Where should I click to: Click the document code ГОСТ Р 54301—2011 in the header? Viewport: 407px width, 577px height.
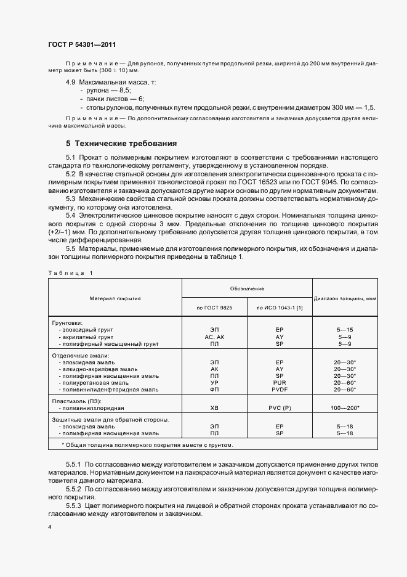tap(81, 45)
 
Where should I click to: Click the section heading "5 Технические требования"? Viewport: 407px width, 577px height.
tap(122, 142)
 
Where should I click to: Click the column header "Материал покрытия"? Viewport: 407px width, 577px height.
tap(115, 298)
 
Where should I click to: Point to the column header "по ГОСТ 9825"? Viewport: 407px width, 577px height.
tap(214, 307)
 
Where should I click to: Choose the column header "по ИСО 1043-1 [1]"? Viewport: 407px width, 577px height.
tap(280, 307)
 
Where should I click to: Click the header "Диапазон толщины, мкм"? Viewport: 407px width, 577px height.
tap(345, 298)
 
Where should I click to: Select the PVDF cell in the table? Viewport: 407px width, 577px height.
tap(280, 390)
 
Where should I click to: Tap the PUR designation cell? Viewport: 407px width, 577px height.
tap(280, 382)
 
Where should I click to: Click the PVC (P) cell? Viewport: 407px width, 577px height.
tap(280, 408)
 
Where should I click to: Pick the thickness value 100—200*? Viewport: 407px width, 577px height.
tap(345, 408)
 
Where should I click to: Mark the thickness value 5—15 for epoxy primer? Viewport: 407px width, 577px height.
tap(345, 330)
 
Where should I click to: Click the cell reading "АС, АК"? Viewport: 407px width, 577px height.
tap(214, 337)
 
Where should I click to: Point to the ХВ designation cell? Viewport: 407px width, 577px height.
tap(214, 408)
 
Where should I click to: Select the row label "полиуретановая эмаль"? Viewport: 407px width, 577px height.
tap(92, 382)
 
